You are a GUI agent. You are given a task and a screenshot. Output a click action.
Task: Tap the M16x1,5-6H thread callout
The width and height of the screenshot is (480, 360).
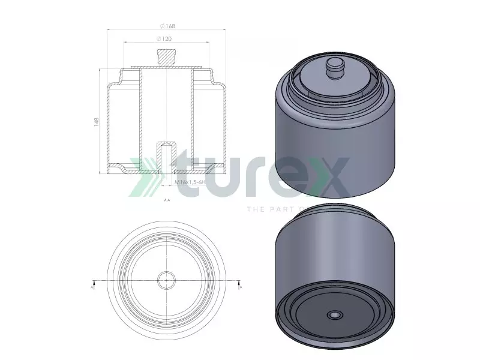pyautogui.click(x=190, y=181)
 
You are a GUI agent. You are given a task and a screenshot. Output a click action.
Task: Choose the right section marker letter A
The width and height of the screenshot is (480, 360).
pyautogui.click(x=241, y=287)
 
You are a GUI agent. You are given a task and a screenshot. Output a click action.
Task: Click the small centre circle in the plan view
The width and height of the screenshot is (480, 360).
pyautogui.click(x=166, y=280)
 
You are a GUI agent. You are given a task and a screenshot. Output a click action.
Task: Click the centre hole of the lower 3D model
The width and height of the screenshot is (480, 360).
pyautogui.click(x=333, y=314)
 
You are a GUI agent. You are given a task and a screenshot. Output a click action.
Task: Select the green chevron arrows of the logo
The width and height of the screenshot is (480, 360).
pyautogui.click(x=146, y=176)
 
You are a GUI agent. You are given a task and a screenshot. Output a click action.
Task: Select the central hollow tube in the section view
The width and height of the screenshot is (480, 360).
pyautogui.click(x=166, y=108)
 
